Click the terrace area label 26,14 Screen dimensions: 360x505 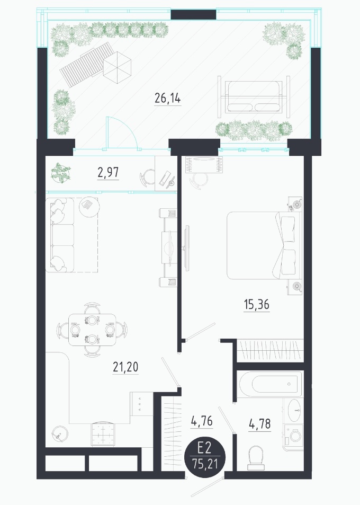click(x=168, y=98)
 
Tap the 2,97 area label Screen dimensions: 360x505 click(x=108, y=173)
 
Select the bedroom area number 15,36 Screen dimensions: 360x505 click(x=257, y=304)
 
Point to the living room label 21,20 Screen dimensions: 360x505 click(x=125, y=367)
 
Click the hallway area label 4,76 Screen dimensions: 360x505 click(x=202, y=421)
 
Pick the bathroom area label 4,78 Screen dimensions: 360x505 click(x=259, y=424)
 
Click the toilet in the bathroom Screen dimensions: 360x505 click(x=256, y=458)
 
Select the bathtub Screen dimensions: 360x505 click(x=271, y=384)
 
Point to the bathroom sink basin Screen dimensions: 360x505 click(x=295, y=410)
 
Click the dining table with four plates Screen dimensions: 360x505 click(x=92, y=330)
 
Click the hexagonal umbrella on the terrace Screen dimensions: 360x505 click(x=117, y=68)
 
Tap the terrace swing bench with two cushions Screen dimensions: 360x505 click(x=254, y=96)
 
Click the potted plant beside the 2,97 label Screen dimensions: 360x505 click(x=61, y=173)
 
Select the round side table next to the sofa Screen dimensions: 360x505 click(x=89, y=207)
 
